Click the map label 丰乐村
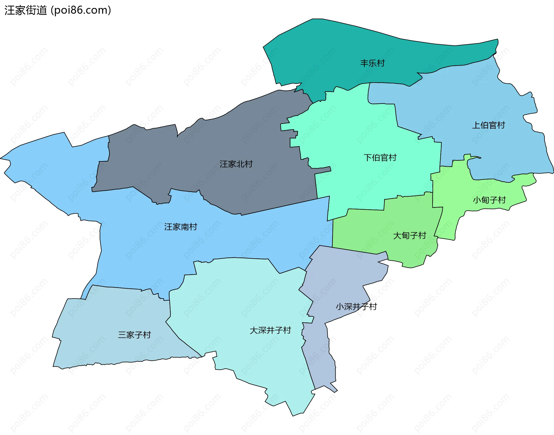click(372, 63)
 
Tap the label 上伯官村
click(489, 125)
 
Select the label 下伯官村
click(380, 158)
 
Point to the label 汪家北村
click(236, 164)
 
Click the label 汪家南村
click(181, 227)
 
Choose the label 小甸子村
click(489, 200)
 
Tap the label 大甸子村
click(409, 236)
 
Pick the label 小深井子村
click(356, 307)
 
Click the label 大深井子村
click(270, 331)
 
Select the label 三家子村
click(134, 335)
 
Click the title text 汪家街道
click(26, 10)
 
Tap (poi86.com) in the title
click(81, 10)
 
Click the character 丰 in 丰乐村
click(364, 63)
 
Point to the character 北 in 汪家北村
click(240, 164)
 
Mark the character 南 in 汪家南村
click(185, 227)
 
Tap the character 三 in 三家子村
click(122, 335)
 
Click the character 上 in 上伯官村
click(476, 125)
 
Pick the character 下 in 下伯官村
click(368, 158)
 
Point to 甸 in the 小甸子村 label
click(485, 200)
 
